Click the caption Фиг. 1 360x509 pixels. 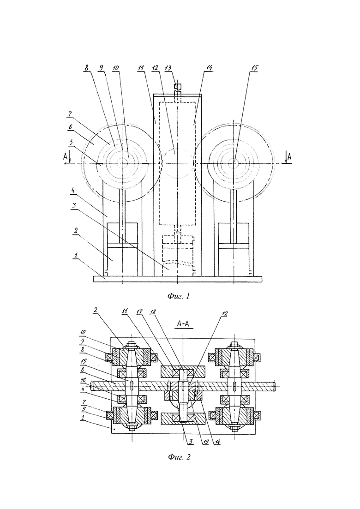pos(179,296)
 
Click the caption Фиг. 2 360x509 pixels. pos(179,457)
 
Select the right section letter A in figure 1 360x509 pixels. pos(289,156)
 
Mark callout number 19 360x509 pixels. pos(205,443)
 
